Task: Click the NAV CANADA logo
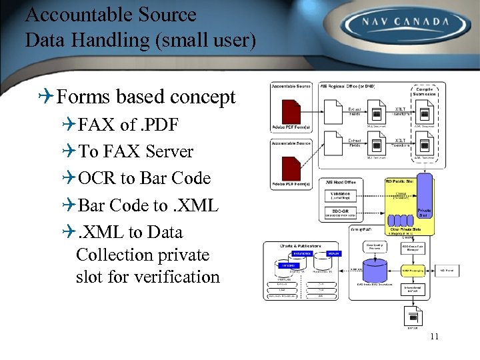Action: [x=405, y=23]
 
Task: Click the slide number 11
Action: [x=434, y=337]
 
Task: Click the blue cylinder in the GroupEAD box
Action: [x=359, y=271]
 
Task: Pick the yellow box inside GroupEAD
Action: [x=415, y=271]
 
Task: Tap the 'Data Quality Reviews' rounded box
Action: [x=377, y=247]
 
